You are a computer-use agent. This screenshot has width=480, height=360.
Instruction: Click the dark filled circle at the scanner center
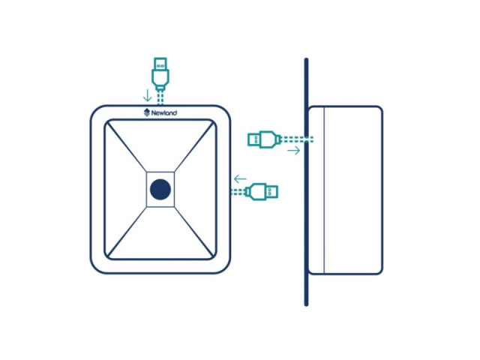160,190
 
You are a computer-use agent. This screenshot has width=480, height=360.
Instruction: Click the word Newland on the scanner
164,113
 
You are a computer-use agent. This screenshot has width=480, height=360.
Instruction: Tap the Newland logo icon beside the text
147,112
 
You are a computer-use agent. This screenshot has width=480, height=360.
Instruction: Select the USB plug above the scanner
160,74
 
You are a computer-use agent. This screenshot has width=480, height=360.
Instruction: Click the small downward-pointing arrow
148,95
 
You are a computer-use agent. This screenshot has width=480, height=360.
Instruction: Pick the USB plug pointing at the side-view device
264,139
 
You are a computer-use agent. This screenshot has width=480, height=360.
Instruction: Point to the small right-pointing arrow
294,150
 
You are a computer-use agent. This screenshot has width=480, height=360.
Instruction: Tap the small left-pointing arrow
240,178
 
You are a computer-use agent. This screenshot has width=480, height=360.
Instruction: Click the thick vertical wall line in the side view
306,181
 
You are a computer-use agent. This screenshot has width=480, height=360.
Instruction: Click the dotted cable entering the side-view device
297,139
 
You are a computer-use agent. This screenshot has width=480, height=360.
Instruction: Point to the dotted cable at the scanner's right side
238,192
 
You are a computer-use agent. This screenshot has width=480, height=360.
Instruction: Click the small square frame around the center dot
160,190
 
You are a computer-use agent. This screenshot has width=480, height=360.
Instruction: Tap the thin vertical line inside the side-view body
324,190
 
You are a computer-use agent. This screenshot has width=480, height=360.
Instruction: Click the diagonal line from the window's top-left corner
127,147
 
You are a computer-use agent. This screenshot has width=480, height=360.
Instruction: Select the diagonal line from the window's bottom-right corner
193,232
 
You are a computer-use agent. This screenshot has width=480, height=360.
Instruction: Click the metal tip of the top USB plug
160,64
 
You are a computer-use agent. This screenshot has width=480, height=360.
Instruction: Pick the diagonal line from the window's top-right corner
193,147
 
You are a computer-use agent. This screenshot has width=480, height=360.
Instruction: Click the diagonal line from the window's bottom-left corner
127,232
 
